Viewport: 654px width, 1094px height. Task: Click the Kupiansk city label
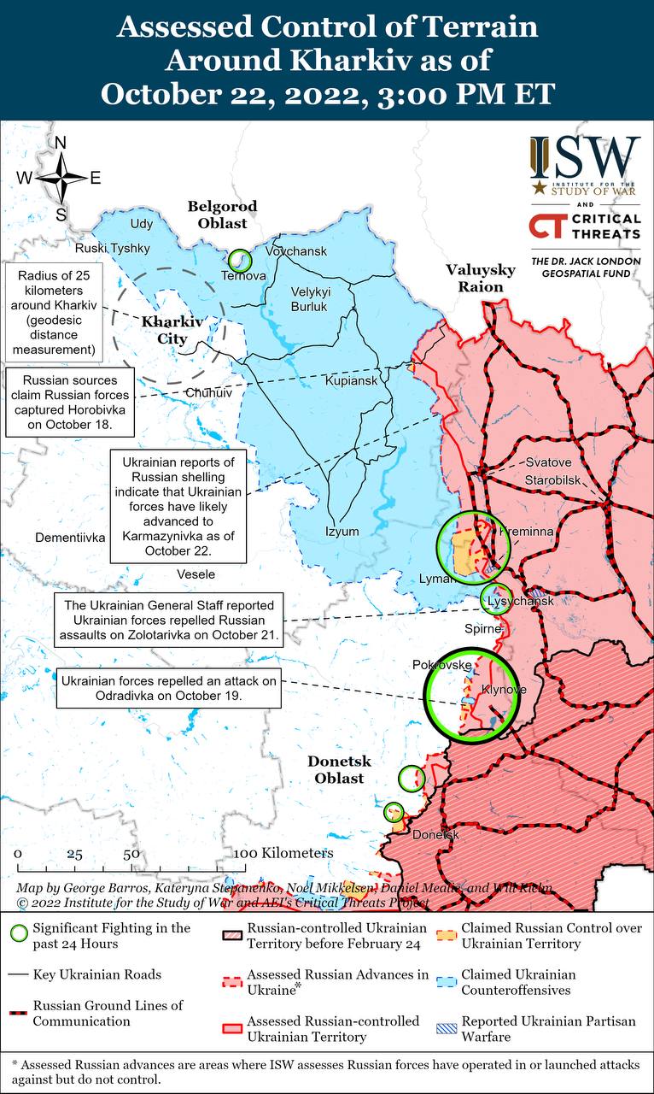point(351,380)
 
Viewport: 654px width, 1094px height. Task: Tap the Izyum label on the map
point(342,532)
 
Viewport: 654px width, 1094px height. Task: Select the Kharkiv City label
point(172,330)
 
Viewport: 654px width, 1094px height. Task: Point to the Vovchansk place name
point(296,252)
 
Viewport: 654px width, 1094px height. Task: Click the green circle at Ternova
point(240,261)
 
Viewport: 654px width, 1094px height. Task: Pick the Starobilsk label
point(552,479)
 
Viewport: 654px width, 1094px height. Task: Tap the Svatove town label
point(548,462)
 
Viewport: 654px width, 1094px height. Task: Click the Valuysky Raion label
point(481,279)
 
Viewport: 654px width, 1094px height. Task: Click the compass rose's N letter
point(61,144)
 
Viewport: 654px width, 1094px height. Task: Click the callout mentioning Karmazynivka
point(178,505)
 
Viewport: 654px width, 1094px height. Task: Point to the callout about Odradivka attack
point(169,688)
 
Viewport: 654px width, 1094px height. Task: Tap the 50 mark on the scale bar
point(131,854)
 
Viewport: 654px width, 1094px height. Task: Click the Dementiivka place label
point(70,538)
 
